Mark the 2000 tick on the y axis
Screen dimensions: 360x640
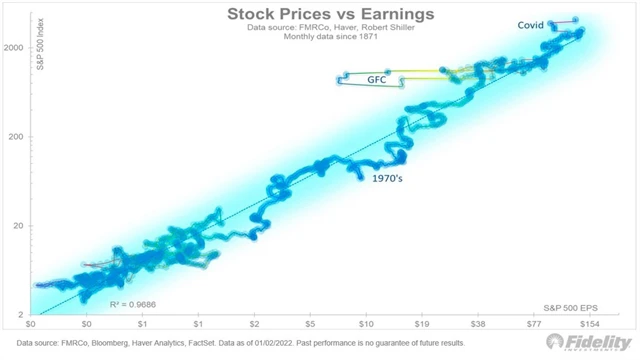14,48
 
